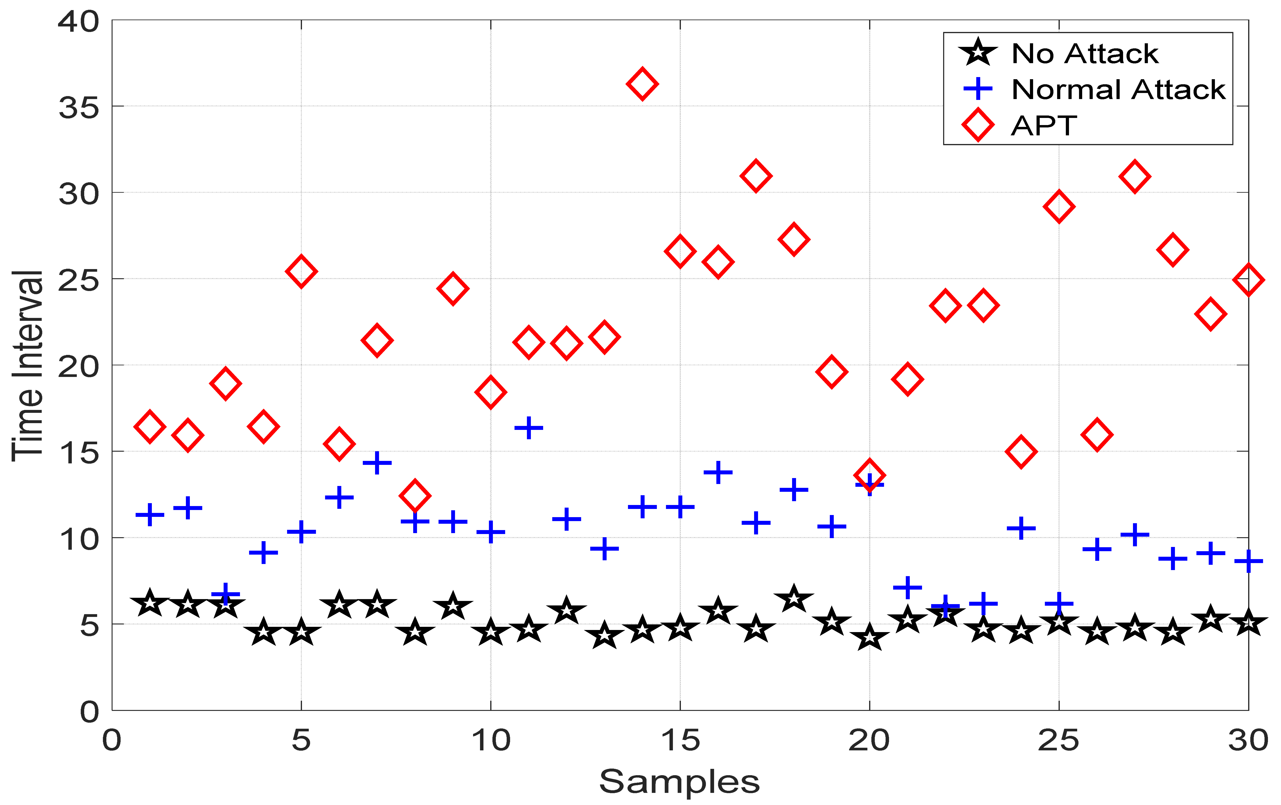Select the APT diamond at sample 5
[x=301, y=271]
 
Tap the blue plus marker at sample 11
[x=528, y=428]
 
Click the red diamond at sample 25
[x=1059, y=206]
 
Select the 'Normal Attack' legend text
[x=1118, y=89]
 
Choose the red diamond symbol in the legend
[x=978, y=126]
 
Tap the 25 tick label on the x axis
[x=1059, y=740]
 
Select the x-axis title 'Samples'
[x=679, y=781]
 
